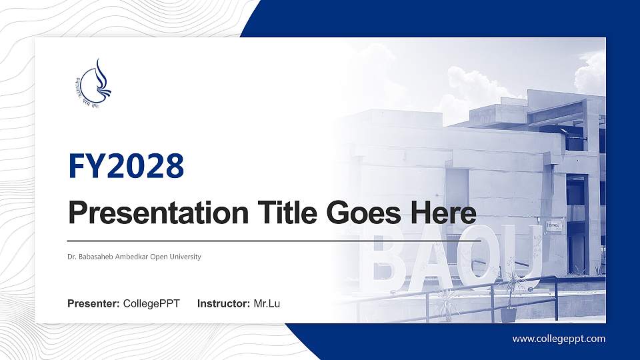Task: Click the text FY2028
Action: (126, 166)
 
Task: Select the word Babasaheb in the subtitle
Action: (97, 257)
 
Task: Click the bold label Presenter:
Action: (93, 304)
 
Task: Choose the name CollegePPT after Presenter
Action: (151, 304)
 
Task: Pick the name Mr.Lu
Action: (267, 304)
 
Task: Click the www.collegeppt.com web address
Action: (559, 339)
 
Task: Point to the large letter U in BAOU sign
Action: (523, 250)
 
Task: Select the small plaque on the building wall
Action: (554, 226)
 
